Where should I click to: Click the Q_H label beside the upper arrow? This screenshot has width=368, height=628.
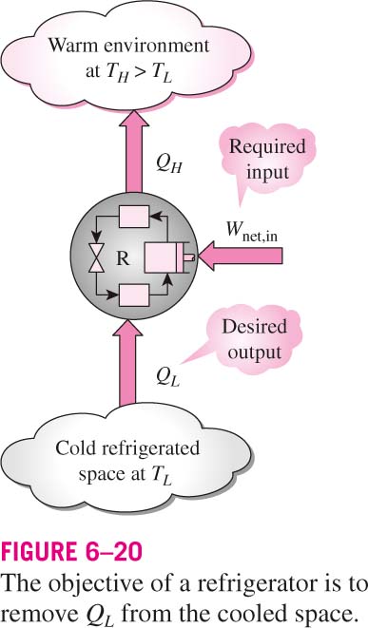tap(169, 162)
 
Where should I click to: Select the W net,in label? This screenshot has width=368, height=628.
tap(251, 233)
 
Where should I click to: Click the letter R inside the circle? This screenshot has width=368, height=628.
tap(123, 258)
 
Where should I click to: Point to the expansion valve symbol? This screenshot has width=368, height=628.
tap(97, 258)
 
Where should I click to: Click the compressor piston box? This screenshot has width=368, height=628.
tap(167, 257)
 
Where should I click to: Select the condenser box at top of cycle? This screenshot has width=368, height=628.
tap(134, 217)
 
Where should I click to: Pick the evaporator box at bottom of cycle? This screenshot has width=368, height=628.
tap(134, 296)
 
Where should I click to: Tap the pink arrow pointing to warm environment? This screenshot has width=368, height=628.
tap(134, 152)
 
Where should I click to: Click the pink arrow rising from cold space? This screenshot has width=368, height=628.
tap(127, 362)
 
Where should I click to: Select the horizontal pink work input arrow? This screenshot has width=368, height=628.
tap(241, 256)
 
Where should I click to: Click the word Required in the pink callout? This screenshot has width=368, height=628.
tap(267, 146)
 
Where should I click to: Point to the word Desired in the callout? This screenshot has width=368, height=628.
tap(255, 327)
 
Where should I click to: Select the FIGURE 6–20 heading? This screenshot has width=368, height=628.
tap(72, 551)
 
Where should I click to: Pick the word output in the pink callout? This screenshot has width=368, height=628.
tap(254, 353)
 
